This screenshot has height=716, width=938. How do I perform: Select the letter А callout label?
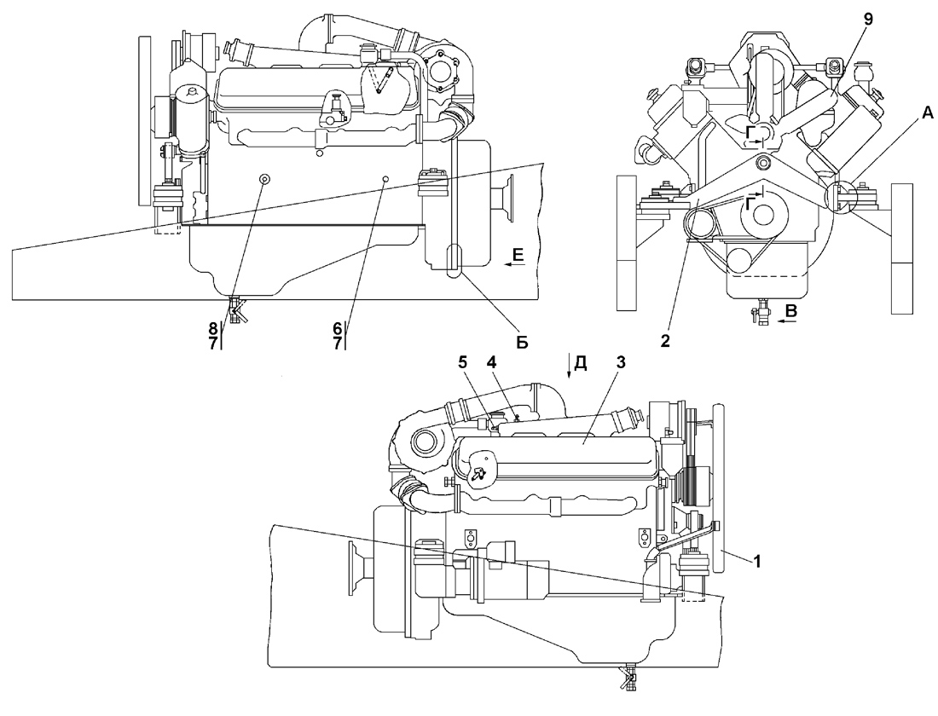927,112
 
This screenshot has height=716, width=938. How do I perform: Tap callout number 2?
664,342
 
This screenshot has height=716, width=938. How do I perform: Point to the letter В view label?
790,310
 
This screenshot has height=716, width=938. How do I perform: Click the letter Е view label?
518,256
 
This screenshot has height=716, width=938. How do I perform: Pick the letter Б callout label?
522,344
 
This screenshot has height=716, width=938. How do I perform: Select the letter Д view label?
580,364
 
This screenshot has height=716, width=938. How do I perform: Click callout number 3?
621,362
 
